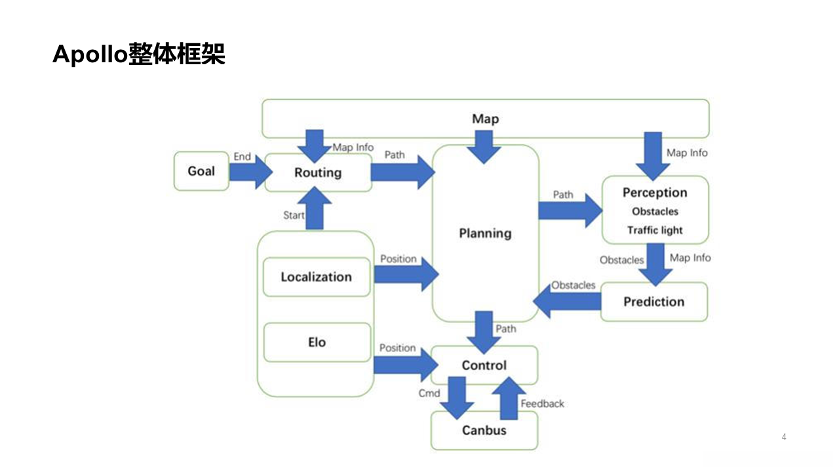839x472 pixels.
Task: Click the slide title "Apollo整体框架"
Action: tap(139, 55)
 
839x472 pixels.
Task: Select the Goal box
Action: tap(201, 171)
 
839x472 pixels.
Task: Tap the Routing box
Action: tap(318, 173)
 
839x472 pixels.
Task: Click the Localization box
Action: tap(317, 277)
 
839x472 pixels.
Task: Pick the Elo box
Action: tap(317, 342)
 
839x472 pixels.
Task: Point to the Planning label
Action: tap(485, 233)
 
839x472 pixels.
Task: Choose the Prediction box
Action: tap(654, 302)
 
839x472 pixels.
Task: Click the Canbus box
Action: tap(484, 431)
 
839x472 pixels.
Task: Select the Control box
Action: tap(484, 365)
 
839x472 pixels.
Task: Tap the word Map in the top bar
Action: tap(485, 119)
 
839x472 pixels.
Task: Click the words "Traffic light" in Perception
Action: tap(655, 230)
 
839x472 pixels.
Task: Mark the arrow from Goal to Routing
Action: tap(250, 172)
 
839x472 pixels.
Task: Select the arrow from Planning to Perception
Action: tap(570, 210)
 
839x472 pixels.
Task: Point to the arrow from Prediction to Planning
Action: tap(567, 302)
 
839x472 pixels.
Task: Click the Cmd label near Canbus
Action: tap(429, 393)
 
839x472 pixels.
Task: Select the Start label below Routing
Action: tap(294, 215)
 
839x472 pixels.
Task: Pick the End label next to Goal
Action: tap(242, 157)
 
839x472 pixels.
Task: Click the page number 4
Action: tap(784, 437)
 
